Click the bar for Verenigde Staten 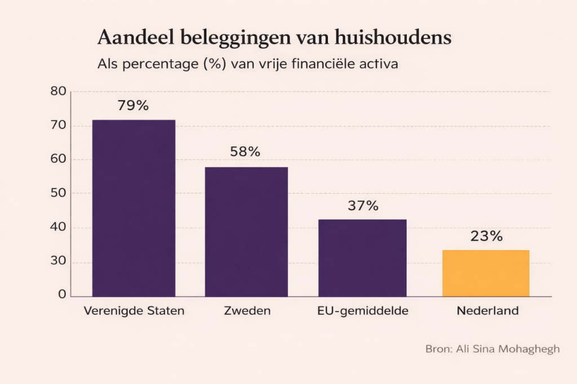[134, 208]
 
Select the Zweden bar [246, 231]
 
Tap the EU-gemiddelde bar [362, 257]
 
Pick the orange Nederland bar [486, 273]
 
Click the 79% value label [133, 105]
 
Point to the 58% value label [245, 151]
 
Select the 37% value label [363, 206]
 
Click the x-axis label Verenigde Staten [134, 311]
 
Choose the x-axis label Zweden [246, 311]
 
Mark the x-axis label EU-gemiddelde [363, 311]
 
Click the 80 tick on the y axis [59, 91]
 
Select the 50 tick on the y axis [59, 193]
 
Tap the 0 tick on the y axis [63, 295]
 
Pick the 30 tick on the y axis [59, 262]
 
